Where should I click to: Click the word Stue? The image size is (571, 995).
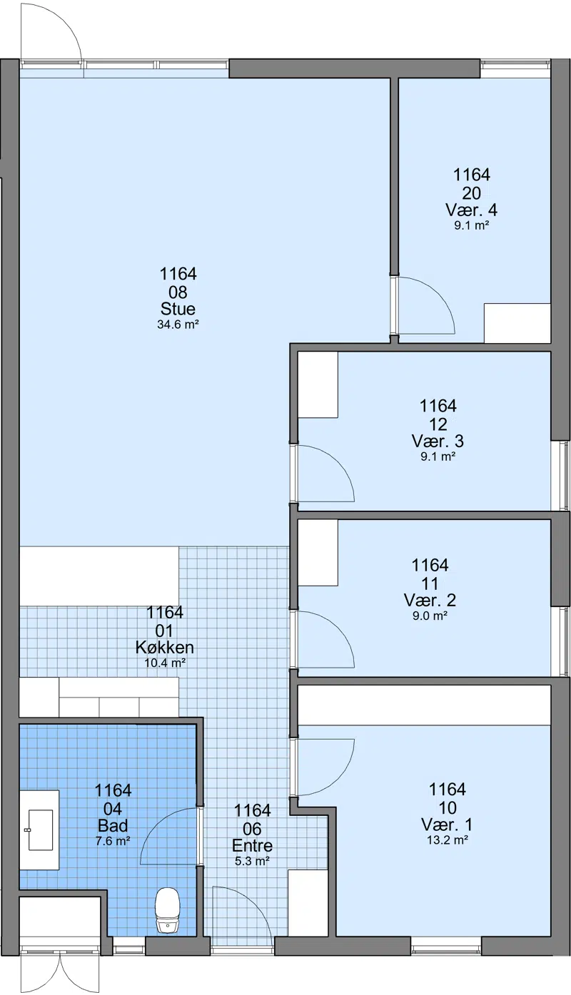click(178, 309)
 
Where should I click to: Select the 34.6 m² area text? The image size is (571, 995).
click(178, 325)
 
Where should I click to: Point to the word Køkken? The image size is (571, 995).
click(165, 647)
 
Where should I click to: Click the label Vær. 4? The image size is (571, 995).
click(472, 210)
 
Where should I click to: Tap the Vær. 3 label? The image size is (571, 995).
click(438, 441)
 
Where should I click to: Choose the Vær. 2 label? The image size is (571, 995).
click(430, 601)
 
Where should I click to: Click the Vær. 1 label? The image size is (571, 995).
click(447, 825)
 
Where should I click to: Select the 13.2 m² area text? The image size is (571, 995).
click(447, 840)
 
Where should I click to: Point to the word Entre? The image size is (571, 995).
click(252, 846)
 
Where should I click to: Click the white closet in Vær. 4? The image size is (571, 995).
click(517, 323)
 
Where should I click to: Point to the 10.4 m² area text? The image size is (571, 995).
click(165, 663)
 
